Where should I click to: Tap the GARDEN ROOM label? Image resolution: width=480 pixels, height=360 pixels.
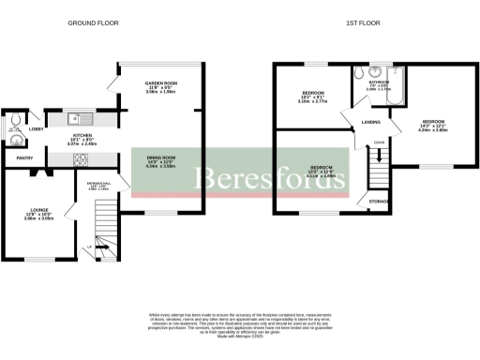pos(161,84)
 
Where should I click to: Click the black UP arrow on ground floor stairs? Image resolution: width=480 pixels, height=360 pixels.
pos(90,248)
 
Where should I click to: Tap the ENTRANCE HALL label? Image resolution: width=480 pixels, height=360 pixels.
pos(98,184)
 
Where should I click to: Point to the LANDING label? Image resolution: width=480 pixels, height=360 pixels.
pos(371,122)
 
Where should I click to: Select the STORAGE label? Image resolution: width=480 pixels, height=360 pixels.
pos(380,200)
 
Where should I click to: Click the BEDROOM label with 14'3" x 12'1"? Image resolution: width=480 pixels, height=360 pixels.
pos(433,122)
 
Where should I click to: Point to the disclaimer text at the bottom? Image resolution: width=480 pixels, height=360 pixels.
pos(240,324)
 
